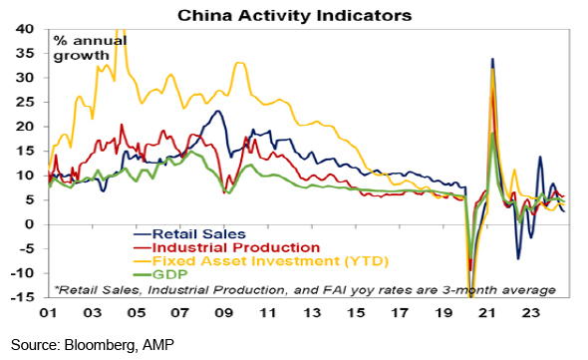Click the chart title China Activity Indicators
tap(294, 16)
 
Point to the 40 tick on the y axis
tap(25, 29)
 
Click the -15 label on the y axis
tap(22, 297)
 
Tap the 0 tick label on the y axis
tap(30, 224)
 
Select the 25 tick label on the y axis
tap(25, 102)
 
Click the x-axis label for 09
tap(224, 312)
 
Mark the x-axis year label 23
tap(531, 312)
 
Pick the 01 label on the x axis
tap(49, 312)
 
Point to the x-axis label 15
tap(356, 312)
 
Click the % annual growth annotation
tap(90, 48)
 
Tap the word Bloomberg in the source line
tap(99, 345)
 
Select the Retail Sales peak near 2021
tap(492, 59)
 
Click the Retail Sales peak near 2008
tap(217, 111)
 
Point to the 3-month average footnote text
tap(305, 290)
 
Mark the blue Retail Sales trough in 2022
tap(518, 258)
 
